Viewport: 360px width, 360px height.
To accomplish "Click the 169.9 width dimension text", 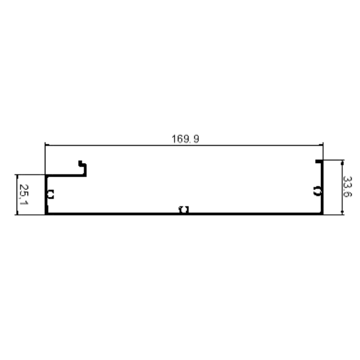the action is (185, 139).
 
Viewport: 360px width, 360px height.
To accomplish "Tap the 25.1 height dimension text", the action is (24, 194).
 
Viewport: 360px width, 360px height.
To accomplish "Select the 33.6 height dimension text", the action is (347, 187).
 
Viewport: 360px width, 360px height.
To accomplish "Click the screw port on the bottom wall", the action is (184, 210).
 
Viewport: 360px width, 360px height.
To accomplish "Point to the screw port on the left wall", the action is (51, 194).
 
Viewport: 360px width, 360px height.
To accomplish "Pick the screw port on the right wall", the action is (317, 191).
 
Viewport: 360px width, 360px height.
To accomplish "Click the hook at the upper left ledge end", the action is (83, 168).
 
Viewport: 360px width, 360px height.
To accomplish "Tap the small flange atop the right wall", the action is (319, 161).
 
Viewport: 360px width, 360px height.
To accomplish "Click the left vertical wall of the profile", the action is (47, 194).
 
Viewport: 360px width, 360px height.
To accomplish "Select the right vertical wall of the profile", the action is (322, 187).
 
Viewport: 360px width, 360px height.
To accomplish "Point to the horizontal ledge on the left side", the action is (66, 175).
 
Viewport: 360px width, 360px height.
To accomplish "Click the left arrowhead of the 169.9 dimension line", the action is (47, 145).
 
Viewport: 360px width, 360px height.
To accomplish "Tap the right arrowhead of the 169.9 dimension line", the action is (321, 145).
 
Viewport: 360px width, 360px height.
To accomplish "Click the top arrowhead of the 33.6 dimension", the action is (342, 162).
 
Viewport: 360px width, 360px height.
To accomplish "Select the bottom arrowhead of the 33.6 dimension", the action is (342, 212).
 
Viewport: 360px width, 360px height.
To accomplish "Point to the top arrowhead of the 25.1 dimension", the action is (17, 177).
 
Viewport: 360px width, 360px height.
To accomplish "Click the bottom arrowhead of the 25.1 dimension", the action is (17, 212).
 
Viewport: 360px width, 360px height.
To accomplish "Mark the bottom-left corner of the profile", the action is (45, 215).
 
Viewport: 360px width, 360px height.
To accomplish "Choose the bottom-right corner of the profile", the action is (324, 215).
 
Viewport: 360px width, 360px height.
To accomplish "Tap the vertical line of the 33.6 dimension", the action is (342, 187).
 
